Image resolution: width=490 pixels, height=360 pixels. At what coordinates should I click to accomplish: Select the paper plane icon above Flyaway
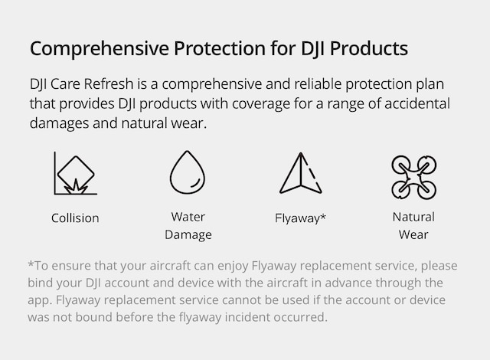click(299, 173)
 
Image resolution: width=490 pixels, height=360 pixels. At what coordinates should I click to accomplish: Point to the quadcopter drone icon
click(413, 177)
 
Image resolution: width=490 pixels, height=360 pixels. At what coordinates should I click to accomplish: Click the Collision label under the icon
click(75, 218)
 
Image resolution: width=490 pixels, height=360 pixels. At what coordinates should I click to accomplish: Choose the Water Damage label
click(188, 225)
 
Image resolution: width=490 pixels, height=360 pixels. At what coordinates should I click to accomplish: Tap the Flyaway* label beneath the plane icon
click(300, 218)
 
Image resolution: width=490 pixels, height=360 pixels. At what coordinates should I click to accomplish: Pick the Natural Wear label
click(413, 225)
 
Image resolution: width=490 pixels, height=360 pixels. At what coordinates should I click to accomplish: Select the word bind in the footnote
click(41, 283)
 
